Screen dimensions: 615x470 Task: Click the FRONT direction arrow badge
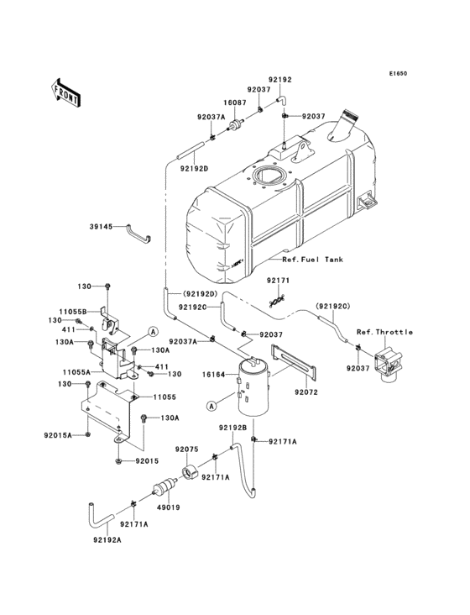point(66,92)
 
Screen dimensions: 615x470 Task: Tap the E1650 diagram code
point(398,73)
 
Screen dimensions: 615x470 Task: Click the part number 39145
point(102,227)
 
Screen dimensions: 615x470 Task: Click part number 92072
point(306,392)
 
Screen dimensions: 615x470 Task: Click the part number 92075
point(186,449)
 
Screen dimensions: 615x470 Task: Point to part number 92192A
point(107,540)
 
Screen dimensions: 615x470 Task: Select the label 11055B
point(73,311)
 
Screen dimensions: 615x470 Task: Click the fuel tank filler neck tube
point(347,127)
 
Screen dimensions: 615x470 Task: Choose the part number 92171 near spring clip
point(279,280)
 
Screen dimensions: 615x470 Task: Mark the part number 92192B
point(232,428)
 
